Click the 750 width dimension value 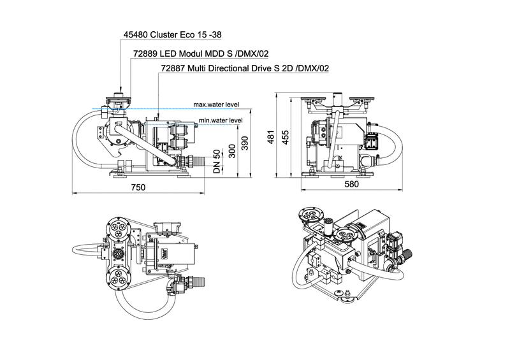[x=138, y=187]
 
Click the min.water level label [x=220, y=120]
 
